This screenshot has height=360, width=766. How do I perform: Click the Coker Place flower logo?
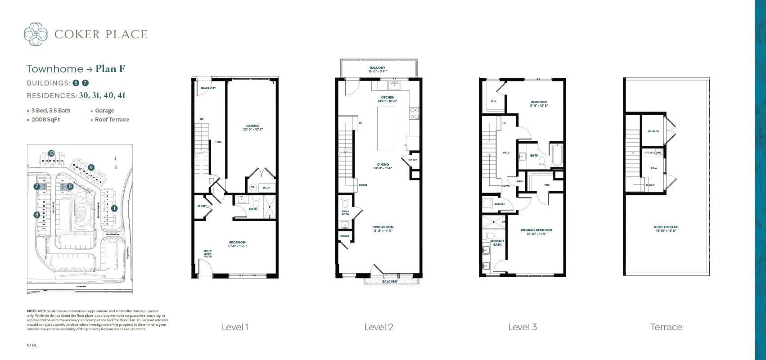tap(36, 34)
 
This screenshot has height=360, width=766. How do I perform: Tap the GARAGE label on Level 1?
tap(252, 126)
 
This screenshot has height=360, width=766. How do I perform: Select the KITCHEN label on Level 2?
tap(387, 98)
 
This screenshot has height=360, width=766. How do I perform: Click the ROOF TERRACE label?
tap(666, 227)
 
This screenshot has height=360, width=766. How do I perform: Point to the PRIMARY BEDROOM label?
tap(536, 230)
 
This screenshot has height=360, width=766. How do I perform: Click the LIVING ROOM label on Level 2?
tap(383, 227)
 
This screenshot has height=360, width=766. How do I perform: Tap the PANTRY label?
tap(412, 160)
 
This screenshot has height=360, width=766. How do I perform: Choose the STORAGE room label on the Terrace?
tap(653, 131)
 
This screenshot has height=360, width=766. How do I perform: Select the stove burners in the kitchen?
tap(414, 113)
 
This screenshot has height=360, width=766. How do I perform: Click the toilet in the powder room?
tap(345, 199)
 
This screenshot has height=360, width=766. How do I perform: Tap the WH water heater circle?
tap(253, 187)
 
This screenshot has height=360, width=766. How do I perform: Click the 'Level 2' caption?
tap(378, 327)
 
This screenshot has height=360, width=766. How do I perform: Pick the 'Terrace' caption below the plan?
tap(666, 327)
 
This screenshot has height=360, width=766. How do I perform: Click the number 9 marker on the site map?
tap(91, 167)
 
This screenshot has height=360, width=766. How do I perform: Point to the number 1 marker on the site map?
tap(114, 208)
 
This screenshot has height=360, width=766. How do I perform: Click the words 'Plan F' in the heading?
tap(110, 69)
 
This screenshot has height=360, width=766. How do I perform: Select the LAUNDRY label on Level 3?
tap(499, 204)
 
